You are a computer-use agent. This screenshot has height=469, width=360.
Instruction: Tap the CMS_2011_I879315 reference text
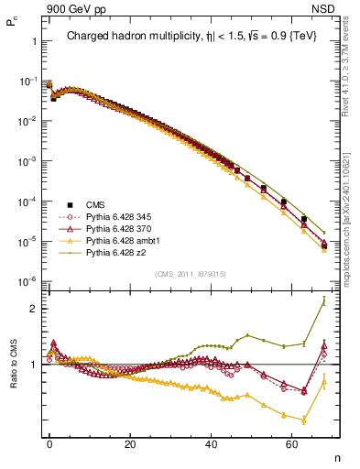coord(186,273)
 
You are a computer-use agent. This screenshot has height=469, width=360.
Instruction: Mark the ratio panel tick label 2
coord(34,309)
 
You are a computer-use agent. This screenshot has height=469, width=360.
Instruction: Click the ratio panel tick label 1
coord(34,365)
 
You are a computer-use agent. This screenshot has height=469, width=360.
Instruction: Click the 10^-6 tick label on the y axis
coord(27,280)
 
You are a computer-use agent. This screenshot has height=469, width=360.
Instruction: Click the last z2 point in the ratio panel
coord(323,301)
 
